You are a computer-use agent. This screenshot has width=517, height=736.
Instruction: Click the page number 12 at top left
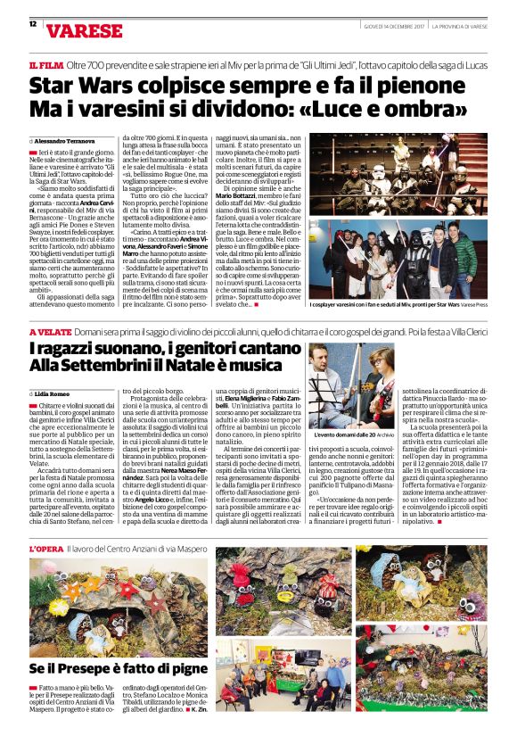pyautogui.click(x=33, y=24)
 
